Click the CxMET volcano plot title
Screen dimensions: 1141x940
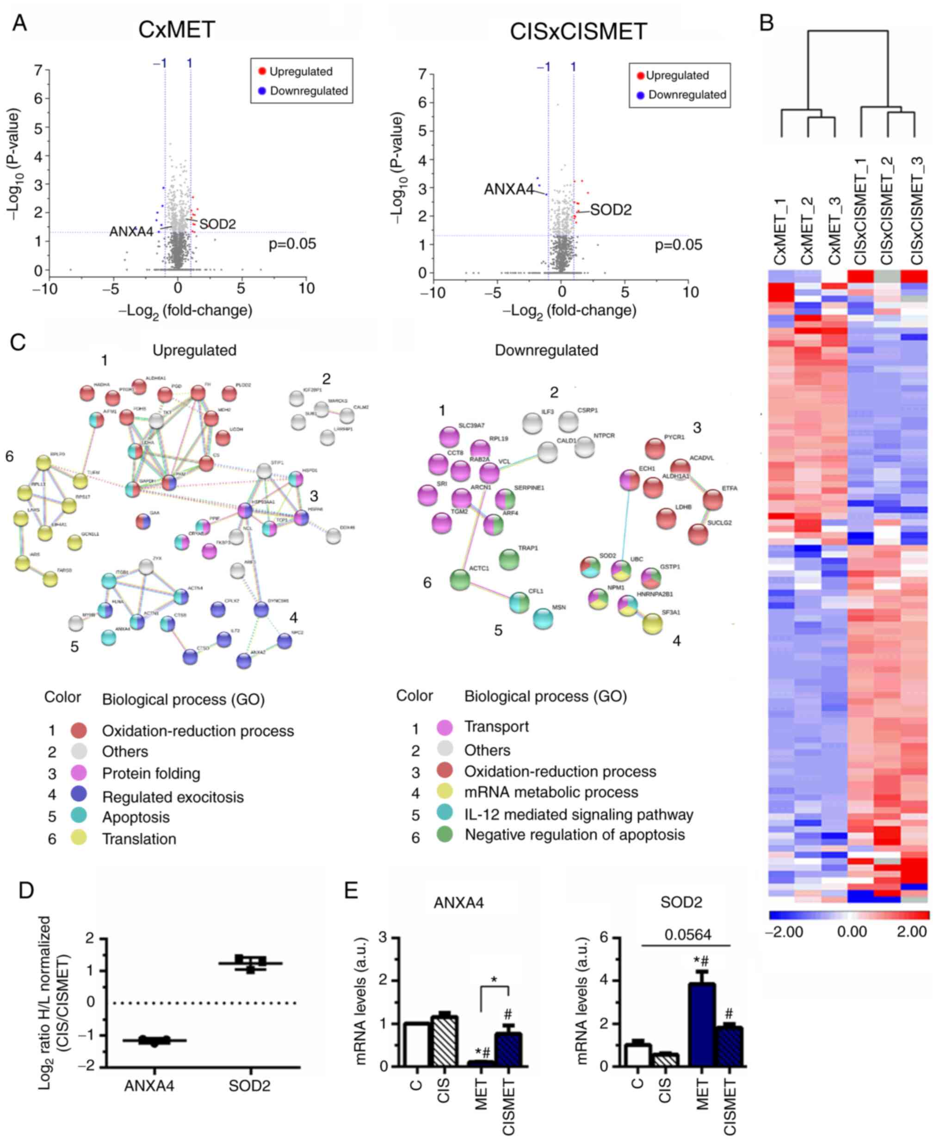(177, 29)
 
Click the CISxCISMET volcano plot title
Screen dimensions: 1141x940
(578, 32)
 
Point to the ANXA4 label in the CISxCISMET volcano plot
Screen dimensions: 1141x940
(508, 190)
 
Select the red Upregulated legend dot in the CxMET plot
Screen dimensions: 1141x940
(262, 71)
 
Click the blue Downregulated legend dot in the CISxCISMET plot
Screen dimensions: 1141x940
(641, 95)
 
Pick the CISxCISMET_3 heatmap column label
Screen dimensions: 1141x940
(915, 211)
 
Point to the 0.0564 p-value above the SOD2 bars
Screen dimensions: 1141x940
(688, 935)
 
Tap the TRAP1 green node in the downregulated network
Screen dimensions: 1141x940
(508, 560)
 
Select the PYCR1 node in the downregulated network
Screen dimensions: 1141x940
(655, 449)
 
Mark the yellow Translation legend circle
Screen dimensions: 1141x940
(79, 839)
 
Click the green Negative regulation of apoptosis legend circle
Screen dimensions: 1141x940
(445, 835)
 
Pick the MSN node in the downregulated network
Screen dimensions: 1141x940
(543, 618)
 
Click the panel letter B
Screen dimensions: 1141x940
(766, 23)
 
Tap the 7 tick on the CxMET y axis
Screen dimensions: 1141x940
(38, 70)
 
